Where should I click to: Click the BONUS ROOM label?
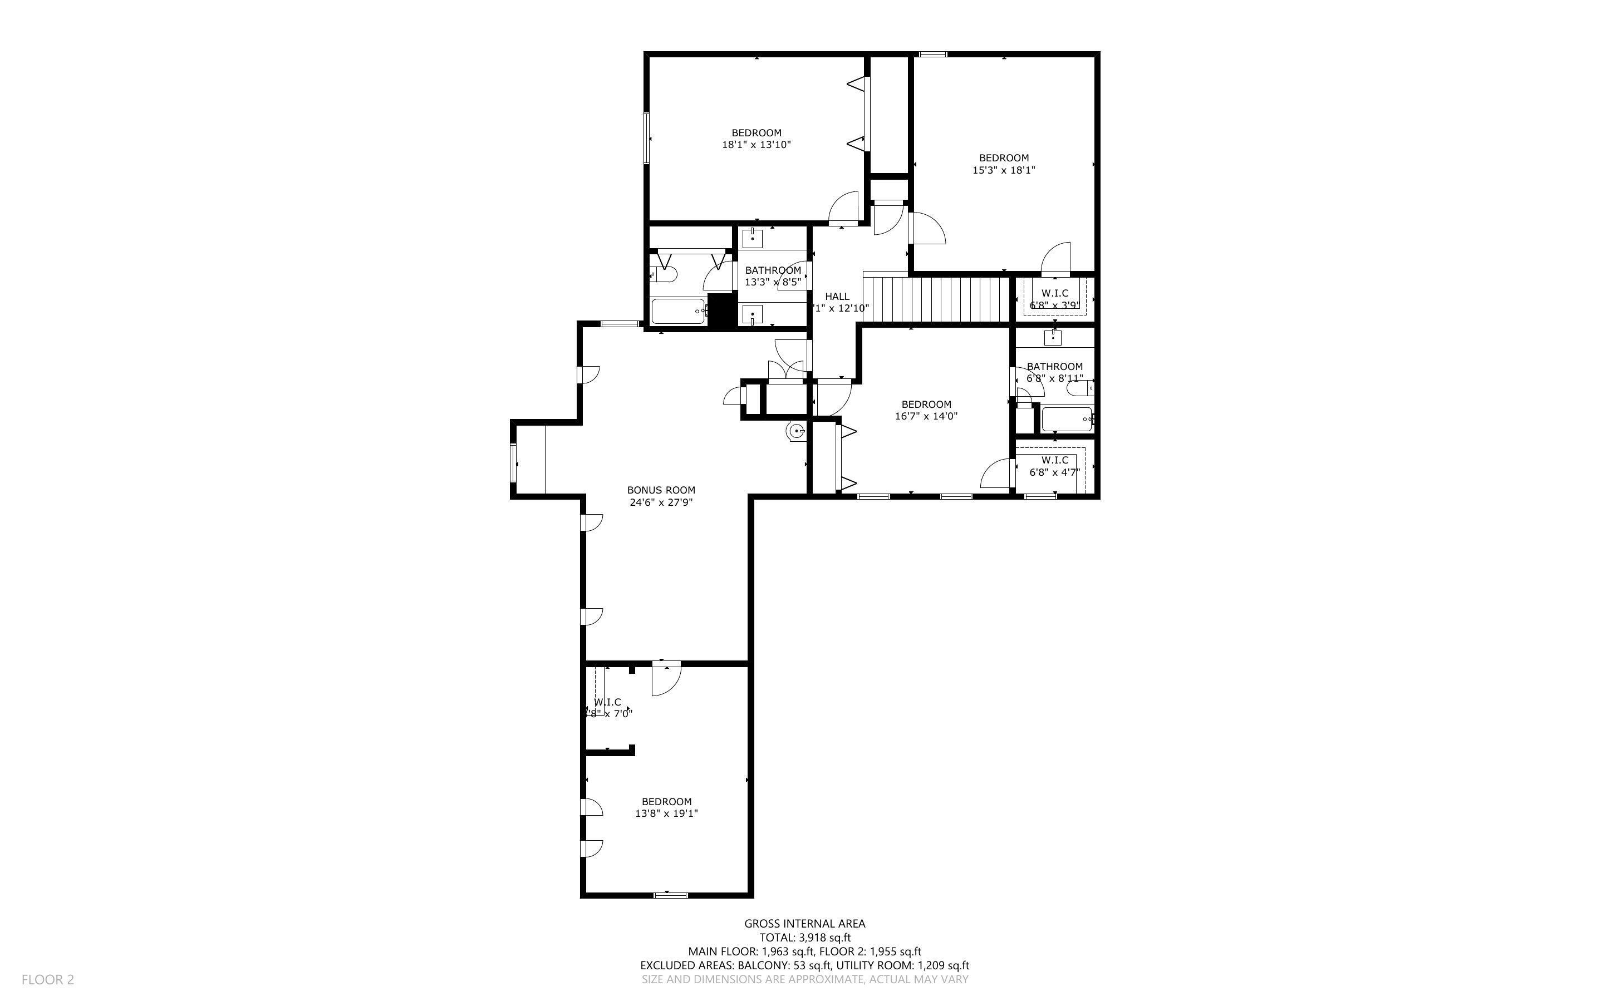[x=661, y=490]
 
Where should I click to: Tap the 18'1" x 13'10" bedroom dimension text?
[x=756, y=144]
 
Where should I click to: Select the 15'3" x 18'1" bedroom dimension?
[x=1004, y=170]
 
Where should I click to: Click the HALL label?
[x=837, y=297]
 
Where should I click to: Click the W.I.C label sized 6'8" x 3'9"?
[x=1055, y=293]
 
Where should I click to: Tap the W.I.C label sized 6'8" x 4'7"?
[x=1055, y=460]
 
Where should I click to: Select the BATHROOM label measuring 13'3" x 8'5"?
[x=773, y=270]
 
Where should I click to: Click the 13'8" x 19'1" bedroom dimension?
[x=666, y=813]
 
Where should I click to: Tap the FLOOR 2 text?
[x=48, y=979]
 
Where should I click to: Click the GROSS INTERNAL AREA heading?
[x=804, y=924]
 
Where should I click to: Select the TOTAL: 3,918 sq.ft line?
[x=804, y=938]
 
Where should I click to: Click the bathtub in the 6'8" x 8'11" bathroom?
[x=1066, y=419]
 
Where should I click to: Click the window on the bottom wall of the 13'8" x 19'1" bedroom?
[x=670, y=895]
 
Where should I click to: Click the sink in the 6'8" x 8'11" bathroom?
[x=1053, y=338]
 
